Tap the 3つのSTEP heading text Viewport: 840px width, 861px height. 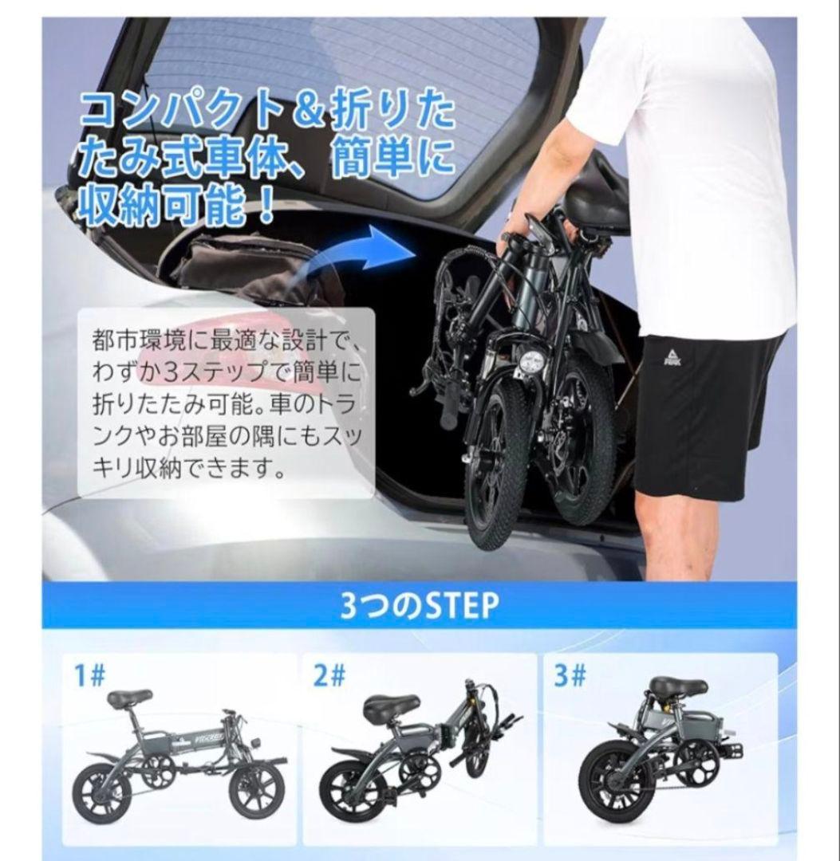(419, 608)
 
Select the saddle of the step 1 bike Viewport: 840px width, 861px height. (129, 698)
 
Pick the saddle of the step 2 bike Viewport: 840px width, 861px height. (391, 706)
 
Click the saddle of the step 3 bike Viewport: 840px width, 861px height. (677, 686)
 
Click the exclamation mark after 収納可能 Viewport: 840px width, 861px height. (262, 205)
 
